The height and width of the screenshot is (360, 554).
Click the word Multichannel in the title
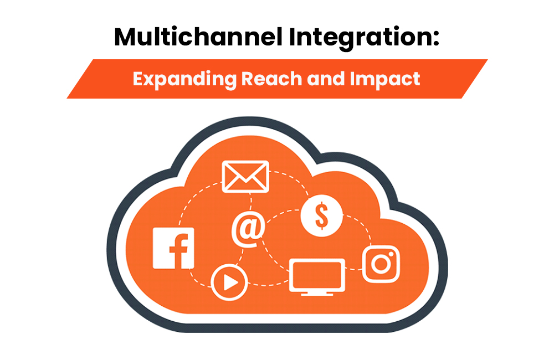tap(198, 37)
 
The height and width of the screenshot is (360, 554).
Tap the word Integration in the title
tap(360, 38)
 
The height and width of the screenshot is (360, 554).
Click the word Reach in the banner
tap(271, 78)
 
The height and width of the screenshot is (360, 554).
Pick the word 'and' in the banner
tap(326, 78)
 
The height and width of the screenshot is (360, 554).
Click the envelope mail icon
tap(245, 176)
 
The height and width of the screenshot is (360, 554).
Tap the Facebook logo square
tap(173, 248)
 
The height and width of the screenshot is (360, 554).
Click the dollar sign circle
tap(321, 215)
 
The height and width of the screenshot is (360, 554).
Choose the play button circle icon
tap(229, 282)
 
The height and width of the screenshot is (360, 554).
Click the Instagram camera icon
tap(381, 264)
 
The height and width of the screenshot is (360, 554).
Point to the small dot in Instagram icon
tap(391, 254)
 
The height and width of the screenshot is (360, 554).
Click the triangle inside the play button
tap(230, 282)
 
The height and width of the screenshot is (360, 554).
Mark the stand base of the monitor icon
tap(317, 294)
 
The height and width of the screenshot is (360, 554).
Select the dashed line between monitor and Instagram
tap(353, 270)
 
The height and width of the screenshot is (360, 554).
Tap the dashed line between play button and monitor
tap(269, 284)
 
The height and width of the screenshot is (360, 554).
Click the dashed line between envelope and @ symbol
tap(250, 203)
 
